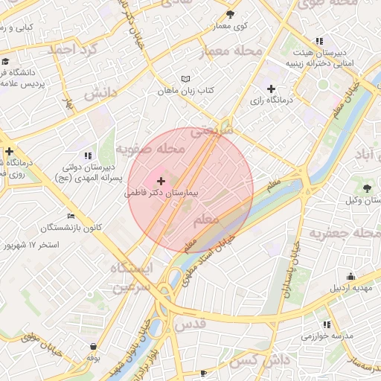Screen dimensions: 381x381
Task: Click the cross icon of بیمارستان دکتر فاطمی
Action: pyautogui.click(x=161, y=181)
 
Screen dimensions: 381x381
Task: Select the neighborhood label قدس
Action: pyautogui.click(x=190, y=325)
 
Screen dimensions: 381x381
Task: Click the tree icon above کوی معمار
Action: pyautogui.click(x=230, y=14)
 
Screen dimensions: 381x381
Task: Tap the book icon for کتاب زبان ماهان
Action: pyautogui.click(x=185, y=79)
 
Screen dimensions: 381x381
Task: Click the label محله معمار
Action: pyautogui.click(x=231, y=51)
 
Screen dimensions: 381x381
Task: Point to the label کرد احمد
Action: pyautogui.click(x=72, y=50)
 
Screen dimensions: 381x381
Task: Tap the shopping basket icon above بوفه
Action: pyautogui.click(x=93, y=346)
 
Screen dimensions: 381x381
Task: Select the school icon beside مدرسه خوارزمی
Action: pyautogui.click(x=327, y=324)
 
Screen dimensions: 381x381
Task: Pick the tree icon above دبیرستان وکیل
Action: pyautogui.click(x=368, y=187)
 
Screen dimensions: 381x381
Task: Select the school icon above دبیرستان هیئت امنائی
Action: pyautogui.click(x=319, y=41)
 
